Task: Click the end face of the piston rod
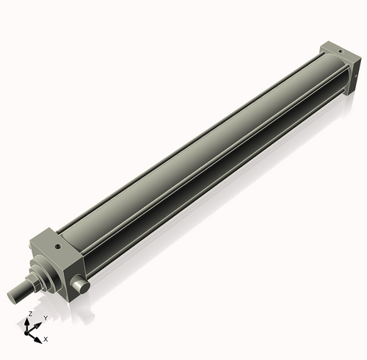[x=12, y=297]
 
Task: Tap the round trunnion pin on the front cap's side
[x=83, y=284]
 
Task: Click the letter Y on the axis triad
[x=46, y=317]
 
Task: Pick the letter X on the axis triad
[x=46, y=339]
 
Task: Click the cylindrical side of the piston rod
[x=22, y=291]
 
